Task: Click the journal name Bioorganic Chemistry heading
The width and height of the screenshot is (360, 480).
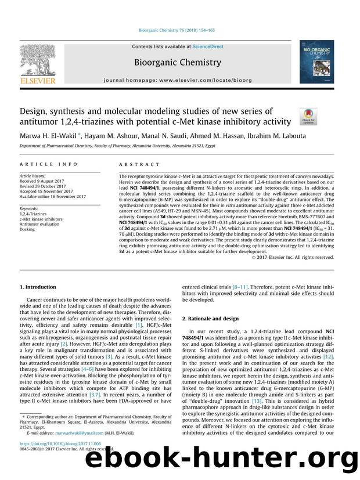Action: pyautogui.click(x=177, y=62)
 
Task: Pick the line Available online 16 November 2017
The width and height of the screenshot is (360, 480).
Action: pyautogui.click(x=53, y=196)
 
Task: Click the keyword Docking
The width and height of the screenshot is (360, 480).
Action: pyautogui.click(x=27, y=229)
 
